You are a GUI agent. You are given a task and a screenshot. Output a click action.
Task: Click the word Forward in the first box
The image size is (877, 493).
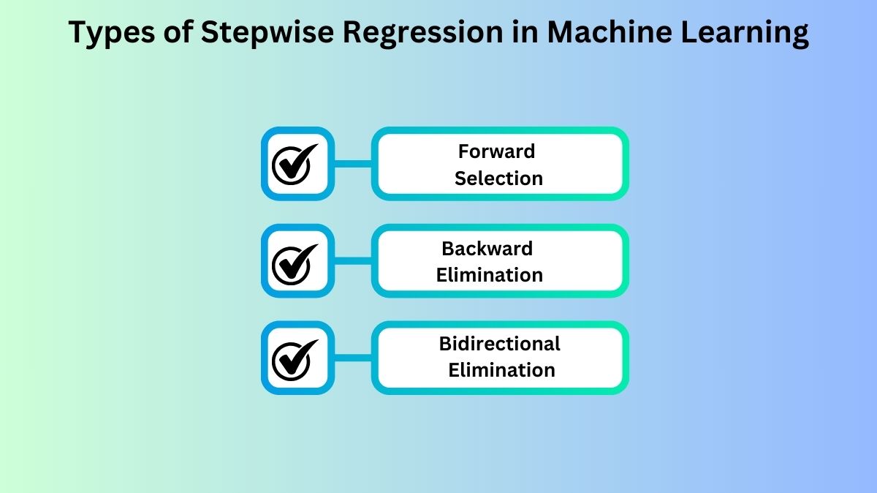[x=496, y=151]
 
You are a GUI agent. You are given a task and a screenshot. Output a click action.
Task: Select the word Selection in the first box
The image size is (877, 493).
[x=498, y=178]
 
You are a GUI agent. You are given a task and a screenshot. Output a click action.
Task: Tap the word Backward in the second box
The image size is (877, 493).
[x=487, y=249]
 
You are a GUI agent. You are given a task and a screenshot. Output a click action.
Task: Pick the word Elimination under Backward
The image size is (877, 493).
[x=490, y=276]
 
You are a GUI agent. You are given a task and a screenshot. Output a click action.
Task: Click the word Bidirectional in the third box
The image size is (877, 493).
[x=499, y=344]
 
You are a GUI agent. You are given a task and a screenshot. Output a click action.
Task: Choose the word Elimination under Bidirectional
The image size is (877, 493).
[x=501, y=370]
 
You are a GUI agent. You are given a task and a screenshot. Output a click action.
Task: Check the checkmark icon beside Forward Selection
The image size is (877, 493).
[x=296, y=164]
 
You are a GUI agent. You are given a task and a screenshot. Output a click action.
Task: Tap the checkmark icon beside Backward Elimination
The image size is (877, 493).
[x=296, y=261]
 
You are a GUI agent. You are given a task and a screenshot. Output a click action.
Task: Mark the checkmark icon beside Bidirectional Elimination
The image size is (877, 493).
[x=296, y=358]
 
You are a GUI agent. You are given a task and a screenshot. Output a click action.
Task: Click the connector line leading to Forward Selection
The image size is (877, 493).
[x=353, y=164]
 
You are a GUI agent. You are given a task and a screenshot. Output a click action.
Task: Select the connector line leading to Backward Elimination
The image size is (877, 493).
[x=353, y=261]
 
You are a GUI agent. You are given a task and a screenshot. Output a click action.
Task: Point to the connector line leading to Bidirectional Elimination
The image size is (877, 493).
[x=353, y=358]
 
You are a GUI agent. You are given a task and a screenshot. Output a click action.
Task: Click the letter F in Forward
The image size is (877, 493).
[x=463, y=151]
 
